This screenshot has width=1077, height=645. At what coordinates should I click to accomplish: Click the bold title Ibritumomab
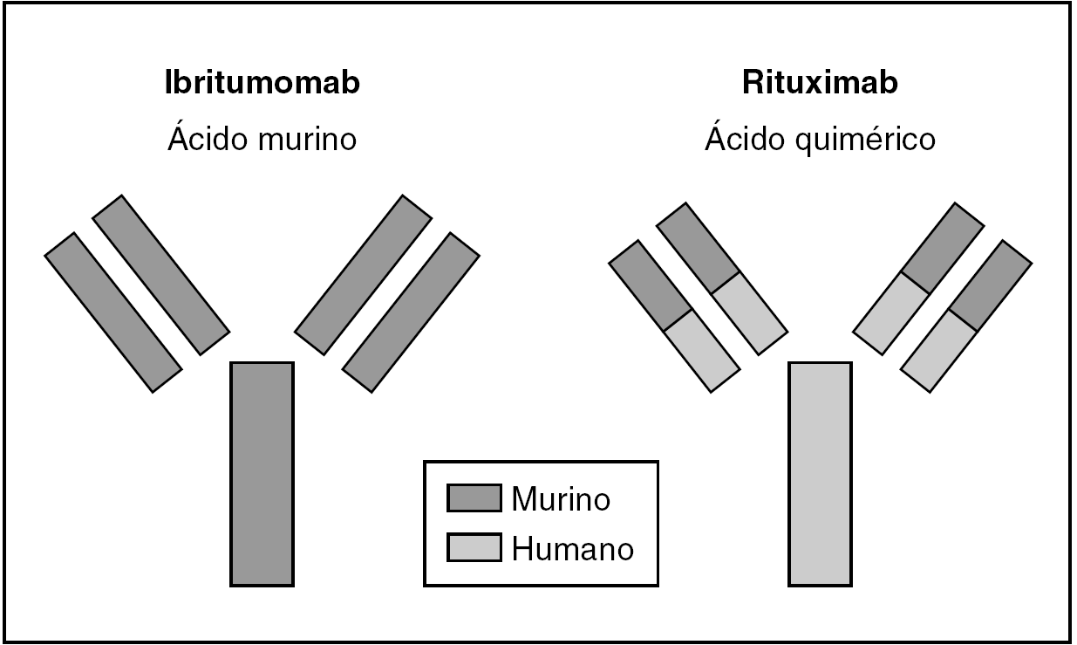click(262, 84)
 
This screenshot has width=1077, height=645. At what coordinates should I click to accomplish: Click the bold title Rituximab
click(820, 84)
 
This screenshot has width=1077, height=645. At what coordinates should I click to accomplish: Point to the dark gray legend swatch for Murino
click(474, 498)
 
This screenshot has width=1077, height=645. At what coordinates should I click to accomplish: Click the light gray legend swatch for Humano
click(474, 547)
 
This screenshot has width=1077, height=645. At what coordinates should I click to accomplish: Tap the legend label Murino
click(560, 499)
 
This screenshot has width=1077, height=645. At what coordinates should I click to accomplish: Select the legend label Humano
click(572, 549)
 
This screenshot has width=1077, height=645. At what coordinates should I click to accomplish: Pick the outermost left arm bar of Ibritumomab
click(113, 312)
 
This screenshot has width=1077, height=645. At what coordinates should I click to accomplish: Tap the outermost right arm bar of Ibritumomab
click(411, 312)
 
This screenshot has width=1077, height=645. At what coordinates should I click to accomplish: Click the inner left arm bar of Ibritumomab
click(161, 275)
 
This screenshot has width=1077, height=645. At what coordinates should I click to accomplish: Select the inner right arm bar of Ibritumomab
click(363, 275)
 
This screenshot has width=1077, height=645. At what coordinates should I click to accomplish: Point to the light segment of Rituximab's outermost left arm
click(703, 351)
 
